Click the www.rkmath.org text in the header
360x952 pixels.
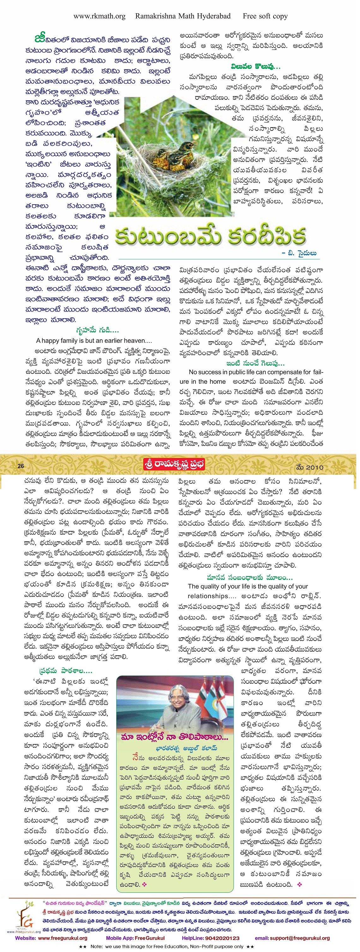click(99, 16)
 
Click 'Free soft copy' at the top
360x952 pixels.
click(265, 16)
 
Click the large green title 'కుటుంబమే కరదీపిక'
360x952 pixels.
click(210, 236)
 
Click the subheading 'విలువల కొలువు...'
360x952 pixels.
click(255, 67)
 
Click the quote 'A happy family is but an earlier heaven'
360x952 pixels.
click(94, 341)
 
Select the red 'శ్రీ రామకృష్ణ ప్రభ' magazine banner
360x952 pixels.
click(174, 464)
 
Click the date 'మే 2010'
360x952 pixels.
click(309, 467)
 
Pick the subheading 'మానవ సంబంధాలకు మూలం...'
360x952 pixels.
click(249, 578)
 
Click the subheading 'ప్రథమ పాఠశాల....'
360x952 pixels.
click(66, 671)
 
